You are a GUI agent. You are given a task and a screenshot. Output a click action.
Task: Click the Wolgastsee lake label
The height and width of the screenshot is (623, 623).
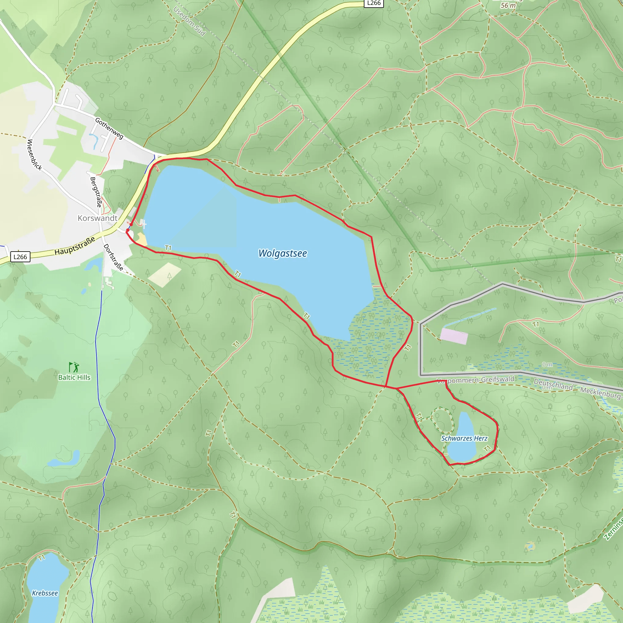(x=283, y=253)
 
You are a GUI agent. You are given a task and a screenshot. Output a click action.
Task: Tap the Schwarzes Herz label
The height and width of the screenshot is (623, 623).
(x=464, y=438)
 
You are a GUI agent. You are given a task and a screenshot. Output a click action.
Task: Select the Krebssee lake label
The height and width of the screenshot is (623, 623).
(x=45, y=593)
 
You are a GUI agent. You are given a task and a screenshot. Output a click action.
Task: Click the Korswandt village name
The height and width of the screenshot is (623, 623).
(x=97, y=218)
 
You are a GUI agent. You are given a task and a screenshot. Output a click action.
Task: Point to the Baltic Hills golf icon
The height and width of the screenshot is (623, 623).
(x=74, y=367)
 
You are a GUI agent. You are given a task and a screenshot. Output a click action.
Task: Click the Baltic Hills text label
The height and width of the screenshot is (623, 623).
(x=74, y=377)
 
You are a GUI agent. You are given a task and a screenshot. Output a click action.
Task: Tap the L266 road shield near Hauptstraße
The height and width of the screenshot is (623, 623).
(x=20, y=257)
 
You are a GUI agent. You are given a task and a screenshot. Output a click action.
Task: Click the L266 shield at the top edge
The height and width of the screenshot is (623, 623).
(x=374, y=3)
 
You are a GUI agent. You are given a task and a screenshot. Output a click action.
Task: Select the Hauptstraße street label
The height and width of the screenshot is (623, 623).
(x=75, y=246)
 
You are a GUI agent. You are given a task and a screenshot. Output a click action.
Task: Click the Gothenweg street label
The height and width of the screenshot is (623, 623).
(x=109, y=128)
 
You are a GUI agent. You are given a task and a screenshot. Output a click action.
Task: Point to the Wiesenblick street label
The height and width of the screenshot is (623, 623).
(x=34, y=155)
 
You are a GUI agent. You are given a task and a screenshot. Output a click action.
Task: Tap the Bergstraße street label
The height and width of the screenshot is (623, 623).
(x=96, y=192)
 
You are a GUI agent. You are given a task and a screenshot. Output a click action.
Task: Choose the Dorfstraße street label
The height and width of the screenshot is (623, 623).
(x=113, y=257)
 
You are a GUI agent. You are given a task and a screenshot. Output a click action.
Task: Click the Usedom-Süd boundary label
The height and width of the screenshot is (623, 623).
(x=189, y=21)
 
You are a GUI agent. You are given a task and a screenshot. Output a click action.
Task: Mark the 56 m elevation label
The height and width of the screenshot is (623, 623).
(x=508, y=5)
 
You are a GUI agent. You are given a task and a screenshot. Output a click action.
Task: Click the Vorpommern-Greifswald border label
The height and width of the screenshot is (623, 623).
(x=476, y=380)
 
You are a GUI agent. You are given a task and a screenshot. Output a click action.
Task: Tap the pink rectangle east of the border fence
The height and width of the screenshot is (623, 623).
(x=454, y=336)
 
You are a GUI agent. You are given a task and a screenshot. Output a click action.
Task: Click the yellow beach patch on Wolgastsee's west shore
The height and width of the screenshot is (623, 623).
(x=141, y=240)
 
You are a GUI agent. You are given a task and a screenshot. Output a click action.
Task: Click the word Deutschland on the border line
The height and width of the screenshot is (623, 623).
(x=553, y=384)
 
